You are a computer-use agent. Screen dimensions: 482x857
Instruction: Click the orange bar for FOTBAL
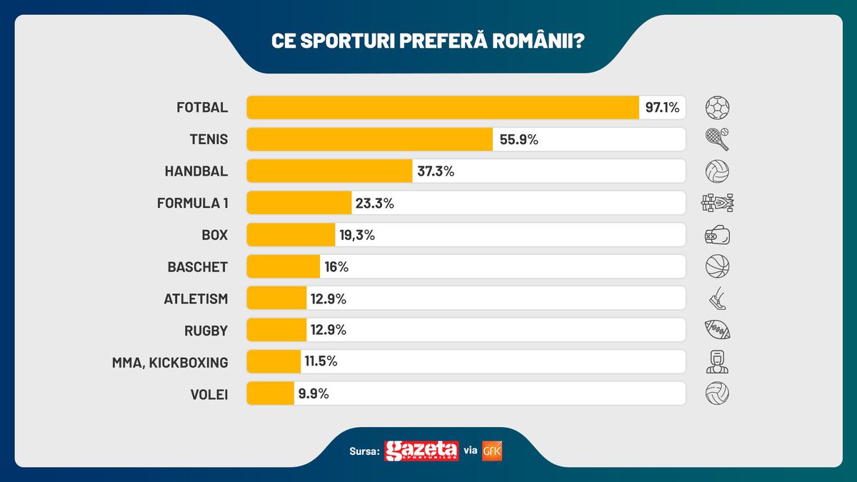tap(443, 108)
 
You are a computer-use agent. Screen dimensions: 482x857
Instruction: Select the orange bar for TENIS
tap(370, 139)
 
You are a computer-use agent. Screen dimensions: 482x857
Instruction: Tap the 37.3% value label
tap(435, 171)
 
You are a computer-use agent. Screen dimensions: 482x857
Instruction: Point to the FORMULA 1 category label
tap(193, 203)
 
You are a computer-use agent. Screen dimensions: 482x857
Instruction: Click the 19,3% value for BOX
tap(356, 235)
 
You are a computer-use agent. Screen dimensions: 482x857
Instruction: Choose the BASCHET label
tap(198, 267)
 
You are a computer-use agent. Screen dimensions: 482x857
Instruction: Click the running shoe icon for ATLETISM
tap(718, 298)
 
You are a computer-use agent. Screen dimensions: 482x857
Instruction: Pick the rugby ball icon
tap(718, 330)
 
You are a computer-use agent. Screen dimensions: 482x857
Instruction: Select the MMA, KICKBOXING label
tap(170, 362)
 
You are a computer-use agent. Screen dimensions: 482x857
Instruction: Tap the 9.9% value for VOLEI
tap(312, 393)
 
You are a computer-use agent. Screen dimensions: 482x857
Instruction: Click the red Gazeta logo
tap(421, 451)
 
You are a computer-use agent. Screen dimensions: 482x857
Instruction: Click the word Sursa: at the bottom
tap(365, 451)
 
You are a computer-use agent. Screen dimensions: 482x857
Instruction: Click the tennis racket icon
tap(718, 139)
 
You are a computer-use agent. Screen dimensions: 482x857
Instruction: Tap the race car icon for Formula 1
tap(718, 203)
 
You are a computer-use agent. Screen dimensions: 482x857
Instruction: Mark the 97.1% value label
tap(662, 108)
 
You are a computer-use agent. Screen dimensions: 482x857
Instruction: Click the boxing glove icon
tap(718, 235)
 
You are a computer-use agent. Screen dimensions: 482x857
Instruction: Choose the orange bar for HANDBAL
tap(330, 171)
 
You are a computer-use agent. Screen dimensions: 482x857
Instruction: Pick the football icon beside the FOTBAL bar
tap(718, 108)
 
